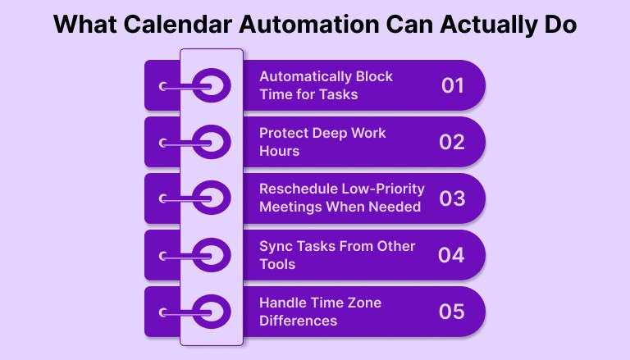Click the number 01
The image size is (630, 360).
(452, 85)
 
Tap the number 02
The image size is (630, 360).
(452, 142)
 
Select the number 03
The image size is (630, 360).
(452, 198)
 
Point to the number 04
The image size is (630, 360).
(452, 255)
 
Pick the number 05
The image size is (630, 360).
(452, 312)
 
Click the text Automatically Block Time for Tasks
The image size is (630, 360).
(326, 85)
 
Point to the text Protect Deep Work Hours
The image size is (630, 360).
(322, 142)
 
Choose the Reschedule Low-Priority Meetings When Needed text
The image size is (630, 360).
(340, 198)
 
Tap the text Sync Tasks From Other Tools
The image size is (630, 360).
(337, 255)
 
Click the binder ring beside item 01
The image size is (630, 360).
(211, 85)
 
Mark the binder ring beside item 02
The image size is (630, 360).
(211, 142)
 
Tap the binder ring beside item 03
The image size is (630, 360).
(211, 198)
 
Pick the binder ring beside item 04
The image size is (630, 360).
(211, 255)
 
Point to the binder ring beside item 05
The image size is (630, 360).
(211, 312)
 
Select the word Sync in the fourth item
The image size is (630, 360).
(276, 247)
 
